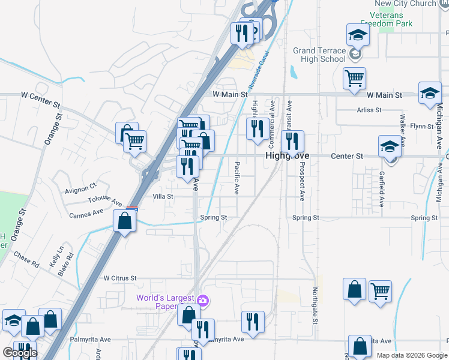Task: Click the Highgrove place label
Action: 288,156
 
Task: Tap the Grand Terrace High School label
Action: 319,55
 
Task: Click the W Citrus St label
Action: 120,278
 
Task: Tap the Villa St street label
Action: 163,196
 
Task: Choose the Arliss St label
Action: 369,110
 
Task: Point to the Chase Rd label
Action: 26,260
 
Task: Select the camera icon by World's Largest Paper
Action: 203,300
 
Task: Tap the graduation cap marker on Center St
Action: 390,146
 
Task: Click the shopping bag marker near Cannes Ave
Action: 124,221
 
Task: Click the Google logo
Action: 20,353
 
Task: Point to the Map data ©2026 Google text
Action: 411,355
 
